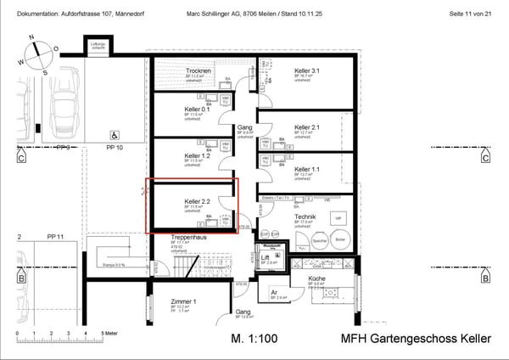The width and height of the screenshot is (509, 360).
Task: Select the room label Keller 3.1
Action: pos(307,70)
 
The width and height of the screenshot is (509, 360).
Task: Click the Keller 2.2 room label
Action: pos(198,202)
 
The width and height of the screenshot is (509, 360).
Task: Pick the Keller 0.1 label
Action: pos(198,109)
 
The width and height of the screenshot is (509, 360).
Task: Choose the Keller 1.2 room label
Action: pos(198,155)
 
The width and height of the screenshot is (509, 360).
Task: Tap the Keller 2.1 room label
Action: pos(307,127)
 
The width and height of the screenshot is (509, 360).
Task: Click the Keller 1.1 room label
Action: pos(307,169)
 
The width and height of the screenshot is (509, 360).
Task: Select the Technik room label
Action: pos(305,217)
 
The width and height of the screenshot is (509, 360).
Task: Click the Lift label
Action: pos(266,256)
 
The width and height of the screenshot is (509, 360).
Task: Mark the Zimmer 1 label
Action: pos(183,301)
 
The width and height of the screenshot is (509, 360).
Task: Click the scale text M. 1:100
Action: pos(253,339)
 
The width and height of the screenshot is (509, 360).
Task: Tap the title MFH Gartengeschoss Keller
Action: pos(416,339)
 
